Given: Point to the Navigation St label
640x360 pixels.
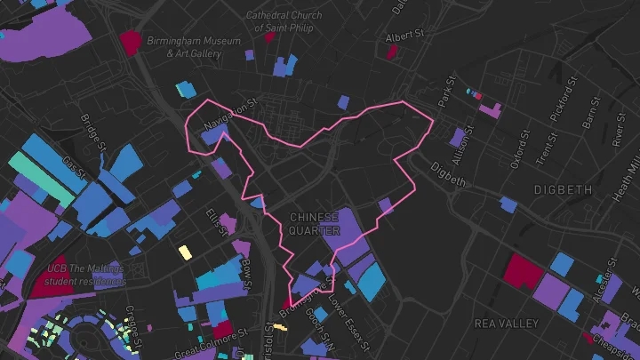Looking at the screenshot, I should coord(228,114).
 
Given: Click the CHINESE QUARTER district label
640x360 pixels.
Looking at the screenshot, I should coord(314,224).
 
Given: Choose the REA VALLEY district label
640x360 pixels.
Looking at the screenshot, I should coord(508,322).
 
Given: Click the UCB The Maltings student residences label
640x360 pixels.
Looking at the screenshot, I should coord(86,275).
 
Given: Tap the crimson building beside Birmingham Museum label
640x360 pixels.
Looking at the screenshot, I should coord(131,40).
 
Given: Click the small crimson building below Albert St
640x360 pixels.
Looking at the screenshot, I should coord(391,52).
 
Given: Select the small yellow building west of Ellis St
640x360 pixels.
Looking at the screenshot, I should coord(185,252).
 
